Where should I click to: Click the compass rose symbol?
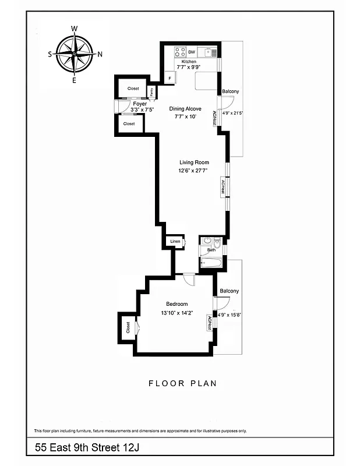tap(75, 54)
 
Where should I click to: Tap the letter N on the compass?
tap(100, 55)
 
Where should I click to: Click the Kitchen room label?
tap(189, 61)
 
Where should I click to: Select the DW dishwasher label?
tap(191, 52)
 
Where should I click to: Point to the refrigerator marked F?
tap(170, 77)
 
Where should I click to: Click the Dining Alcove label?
tap(185, 109)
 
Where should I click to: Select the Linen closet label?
tap(175, 241)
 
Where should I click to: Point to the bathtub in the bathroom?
tap(211, 263)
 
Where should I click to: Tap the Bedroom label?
tap(177, 304)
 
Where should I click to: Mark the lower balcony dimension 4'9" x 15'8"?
tap(230, 315)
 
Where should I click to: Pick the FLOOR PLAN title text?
tap(182, 383)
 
